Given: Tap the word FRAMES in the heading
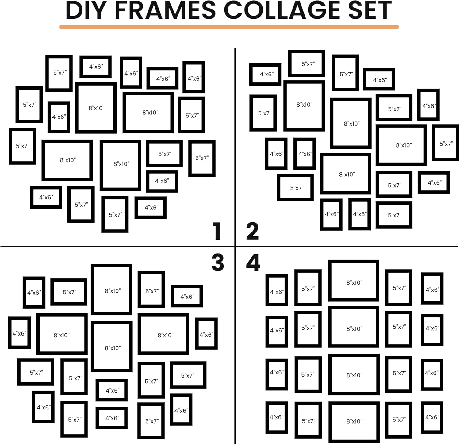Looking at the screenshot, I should pyautogui.click(x=166, y=10).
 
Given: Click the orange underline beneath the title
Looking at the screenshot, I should pyautogui.click(x=229, y=27).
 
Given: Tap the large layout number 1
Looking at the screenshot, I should pyautogui.click(x=217, y=231).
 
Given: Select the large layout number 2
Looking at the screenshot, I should pyautogui.click(x=252, y=231).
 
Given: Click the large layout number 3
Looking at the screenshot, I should pyautogui.click(x=218, y=263).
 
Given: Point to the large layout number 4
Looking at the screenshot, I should pyautogui.click(x=253, y=263).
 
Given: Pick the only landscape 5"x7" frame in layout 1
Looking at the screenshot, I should pyautogui.click(x=164, y=154).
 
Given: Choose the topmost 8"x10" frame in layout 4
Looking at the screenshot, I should pyautogui.click(x=354, y=281).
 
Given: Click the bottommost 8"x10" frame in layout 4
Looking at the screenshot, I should pyautogui.click(x=354, y=422).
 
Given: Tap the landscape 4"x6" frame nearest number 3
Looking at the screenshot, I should pyautogui.click(x=186, y=296).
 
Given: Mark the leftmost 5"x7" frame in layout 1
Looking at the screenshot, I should pyautogui.click(x=22, y=146).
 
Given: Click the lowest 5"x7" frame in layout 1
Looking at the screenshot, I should pyautogui.click(x=115, y=214).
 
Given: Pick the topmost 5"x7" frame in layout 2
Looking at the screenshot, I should pyautogui.click(x=307, y=63).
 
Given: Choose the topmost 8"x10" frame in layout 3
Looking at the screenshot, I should pyautogui.click(x=112, y=290).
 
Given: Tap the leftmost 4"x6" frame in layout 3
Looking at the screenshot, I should pyautogui.click(x=19, y=333).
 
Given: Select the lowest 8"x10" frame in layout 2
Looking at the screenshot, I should pyautogui.click(x=346, y=174).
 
